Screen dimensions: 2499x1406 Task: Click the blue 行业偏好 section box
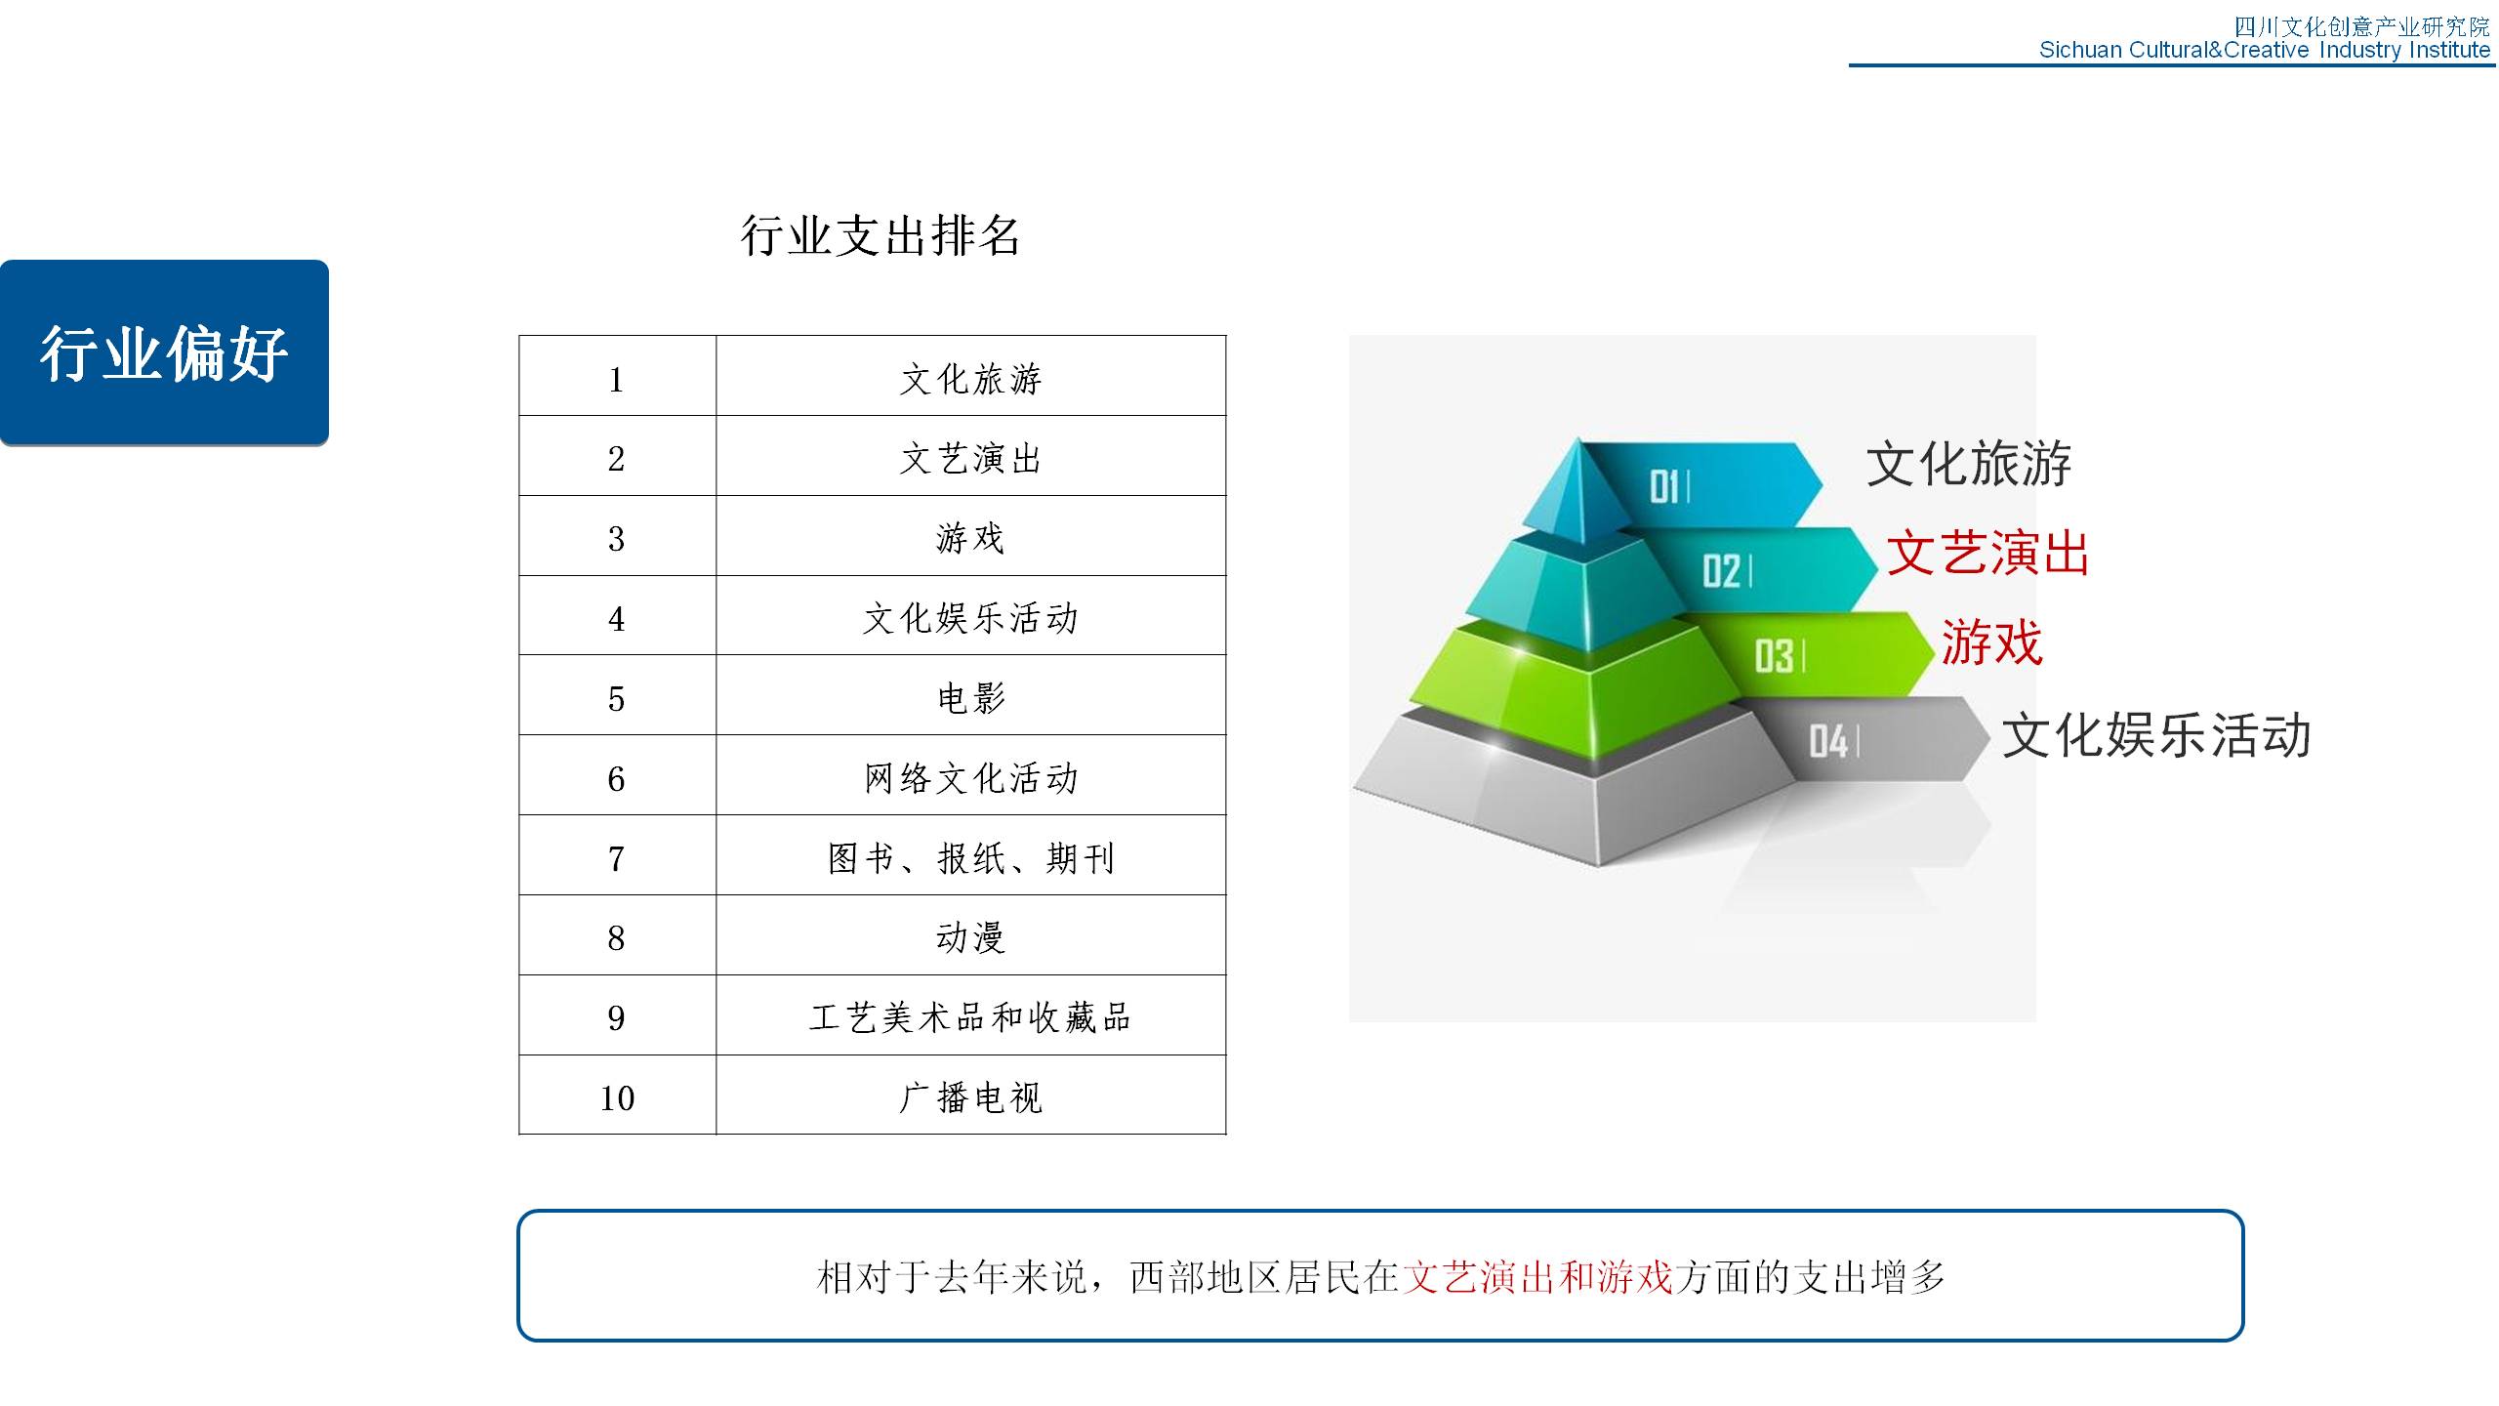click(164, 352)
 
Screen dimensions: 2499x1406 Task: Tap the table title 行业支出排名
click(881, 236)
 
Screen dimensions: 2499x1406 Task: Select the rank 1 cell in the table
click(617, 376)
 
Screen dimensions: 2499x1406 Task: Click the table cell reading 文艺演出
click(971, 456)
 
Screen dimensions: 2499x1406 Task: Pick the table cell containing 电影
click(971, 695)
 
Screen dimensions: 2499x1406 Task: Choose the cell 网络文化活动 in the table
click(971, 775)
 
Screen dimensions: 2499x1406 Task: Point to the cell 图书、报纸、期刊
click(971, 855)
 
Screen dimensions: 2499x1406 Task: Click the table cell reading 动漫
click(971, 935)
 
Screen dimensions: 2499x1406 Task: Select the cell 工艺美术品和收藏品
click(971, 1015)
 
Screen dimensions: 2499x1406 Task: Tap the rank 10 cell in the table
click(617, 1095)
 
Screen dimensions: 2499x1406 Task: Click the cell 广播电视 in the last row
click(971, 1095)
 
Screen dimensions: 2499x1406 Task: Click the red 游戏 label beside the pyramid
click(1991, 642)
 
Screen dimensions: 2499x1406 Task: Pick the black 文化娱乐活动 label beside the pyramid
click(2156, 734)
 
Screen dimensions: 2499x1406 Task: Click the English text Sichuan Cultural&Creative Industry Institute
click(2265, 50)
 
